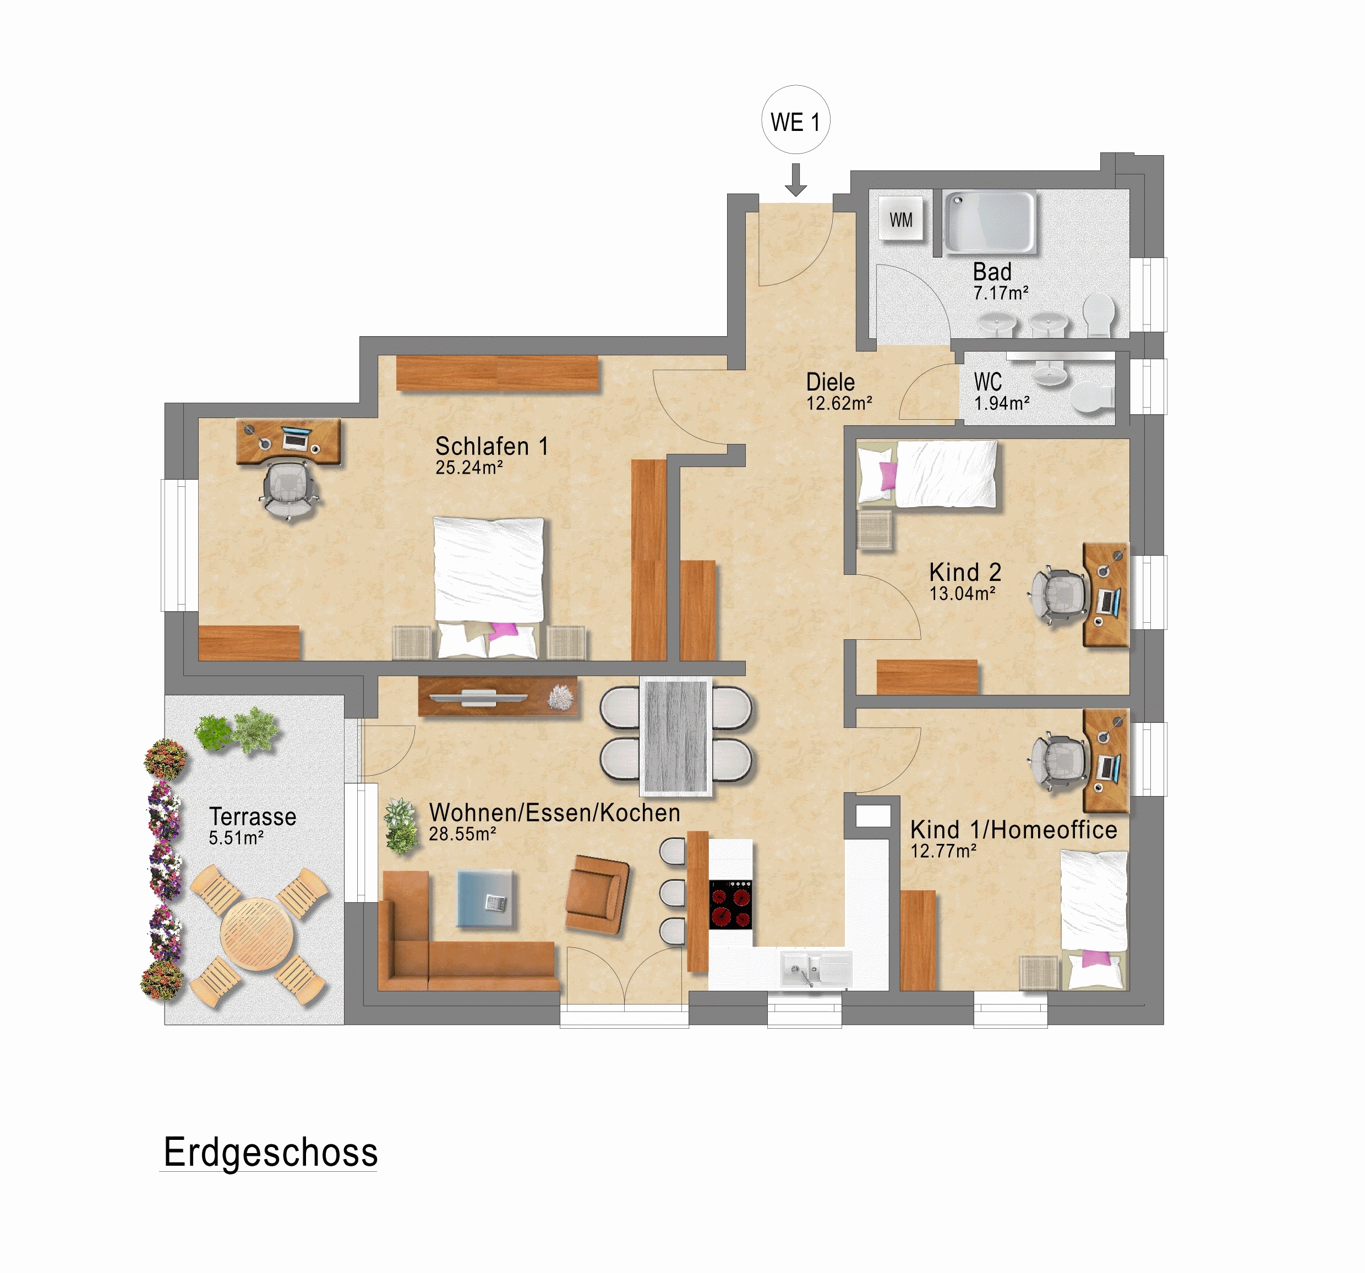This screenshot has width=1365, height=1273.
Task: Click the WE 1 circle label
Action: pos(795,121)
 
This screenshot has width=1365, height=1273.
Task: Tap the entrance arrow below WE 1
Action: pos(795,180)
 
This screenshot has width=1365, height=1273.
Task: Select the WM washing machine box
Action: pos(901,220)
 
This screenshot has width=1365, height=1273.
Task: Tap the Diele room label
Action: pos(830,382)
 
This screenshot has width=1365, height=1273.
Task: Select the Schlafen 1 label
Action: pos(492,446)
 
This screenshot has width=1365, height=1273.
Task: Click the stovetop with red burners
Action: pos(730,904)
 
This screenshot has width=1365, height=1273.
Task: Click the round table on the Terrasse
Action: pos(257,934)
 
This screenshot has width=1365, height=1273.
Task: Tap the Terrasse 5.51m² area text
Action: pos(236,838)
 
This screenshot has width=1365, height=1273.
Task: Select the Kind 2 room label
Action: pos(965,572)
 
